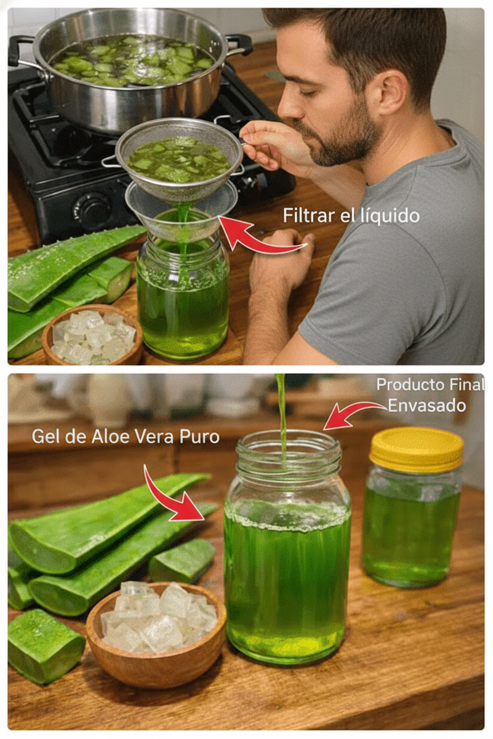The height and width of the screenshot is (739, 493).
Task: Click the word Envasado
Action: click(x=427, y=406)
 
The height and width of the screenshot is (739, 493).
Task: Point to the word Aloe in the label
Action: click(x=111, y=436)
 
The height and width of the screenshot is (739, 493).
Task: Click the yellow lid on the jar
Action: click(x=417, y=450)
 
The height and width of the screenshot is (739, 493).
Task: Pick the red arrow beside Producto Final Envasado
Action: click(x=351, y=413)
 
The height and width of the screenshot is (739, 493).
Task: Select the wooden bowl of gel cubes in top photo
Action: click(x=92, y=335)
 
